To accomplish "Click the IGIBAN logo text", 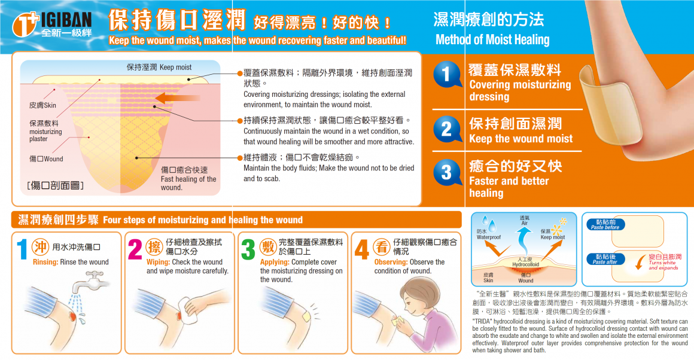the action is [x=66, y=20].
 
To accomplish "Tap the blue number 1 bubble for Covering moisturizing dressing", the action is [x=447, y=74].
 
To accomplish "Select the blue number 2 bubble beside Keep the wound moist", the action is [x=447, y=129].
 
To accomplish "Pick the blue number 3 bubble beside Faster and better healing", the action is [x=447, y=172].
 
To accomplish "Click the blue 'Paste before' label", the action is [x=605, y=224].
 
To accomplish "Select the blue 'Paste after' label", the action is [x=605, y=259].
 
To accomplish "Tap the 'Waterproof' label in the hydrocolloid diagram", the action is [x=488, y=237].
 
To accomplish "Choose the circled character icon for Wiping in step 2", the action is [x=154, y=246].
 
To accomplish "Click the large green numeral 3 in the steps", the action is [x=248, y=249].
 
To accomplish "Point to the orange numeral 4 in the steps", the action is [x=361, y=249].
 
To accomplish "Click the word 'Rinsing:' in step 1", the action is [x=45, y=262].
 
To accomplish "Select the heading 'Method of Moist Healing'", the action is [x=492, y=40].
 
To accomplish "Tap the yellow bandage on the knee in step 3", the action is [x=306, y=316].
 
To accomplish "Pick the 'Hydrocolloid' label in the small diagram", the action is [x=525, y=264].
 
